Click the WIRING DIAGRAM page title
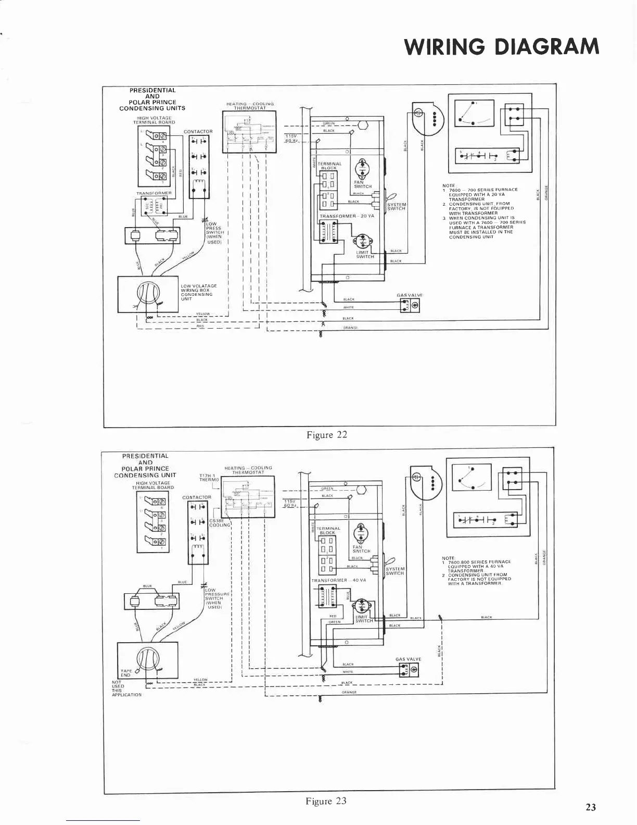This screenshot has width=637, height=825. click(502, 46)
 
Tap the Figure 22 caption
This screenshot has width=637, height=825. click(326, 435)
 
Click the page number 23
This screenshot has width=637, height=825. click(591, 807)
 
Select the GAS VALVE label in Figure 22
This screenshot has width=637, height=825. click(409, 295)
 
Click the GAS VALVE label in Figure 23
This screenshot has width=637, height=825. click(409, 659)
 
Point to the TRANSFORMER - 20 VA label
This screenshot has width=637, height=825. click(347, 216)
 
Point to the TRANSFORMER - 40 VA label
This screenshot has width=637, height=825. click(339, 580)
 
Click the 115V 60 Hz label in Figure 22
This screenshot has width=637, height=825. click(291, 138)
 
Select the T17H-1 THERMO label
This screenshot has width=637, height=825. click(208, 477)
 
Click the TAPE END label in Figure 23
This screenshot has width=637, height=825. click(126, 673)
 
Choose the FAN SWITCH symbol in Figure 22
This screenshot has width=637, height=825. click(362, 169)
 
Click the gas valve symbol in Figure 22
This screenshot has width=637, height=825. click(410, 306)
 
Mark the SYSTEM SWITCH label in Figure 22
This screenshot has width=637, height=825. click(396, 206)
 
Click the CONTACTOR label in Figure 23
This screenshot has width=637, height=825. click(197, 497)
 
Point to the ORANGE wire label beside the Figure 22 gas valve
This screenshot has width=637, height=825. click(350, 328)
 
